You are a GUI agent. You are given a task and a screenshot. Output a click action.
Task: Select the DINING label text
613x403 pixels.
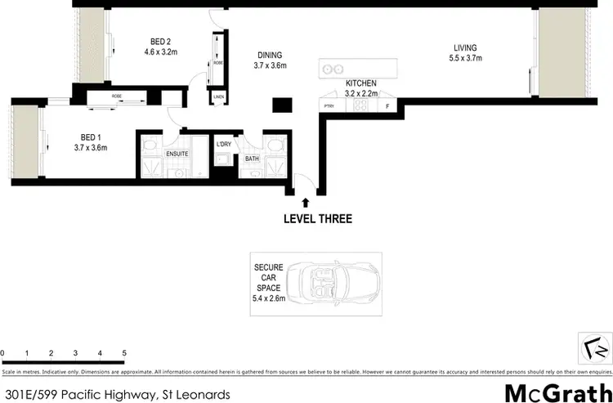tap(270, 54)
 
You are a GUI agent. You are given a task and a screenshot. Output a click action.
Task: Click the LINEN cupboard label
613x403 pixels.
tap(218, 96)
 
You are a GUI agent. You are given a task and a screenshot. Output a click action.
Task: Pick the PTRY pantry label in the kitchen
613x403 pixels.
tap(330, 105)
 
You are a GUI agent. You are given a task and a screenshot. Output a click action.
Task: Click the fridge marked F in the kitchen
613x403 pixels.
tap(387, 105)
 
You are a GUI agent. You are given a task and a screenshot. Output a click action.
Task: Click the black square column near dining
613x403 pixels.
tap(282, 105)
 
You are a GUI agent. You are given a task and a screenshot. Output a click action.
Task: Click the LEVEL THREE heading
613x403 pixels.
tap(317, 218)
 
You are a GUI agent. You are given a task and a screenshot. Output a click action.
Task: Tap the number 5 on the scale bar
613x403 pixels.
tap(124, 353)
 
